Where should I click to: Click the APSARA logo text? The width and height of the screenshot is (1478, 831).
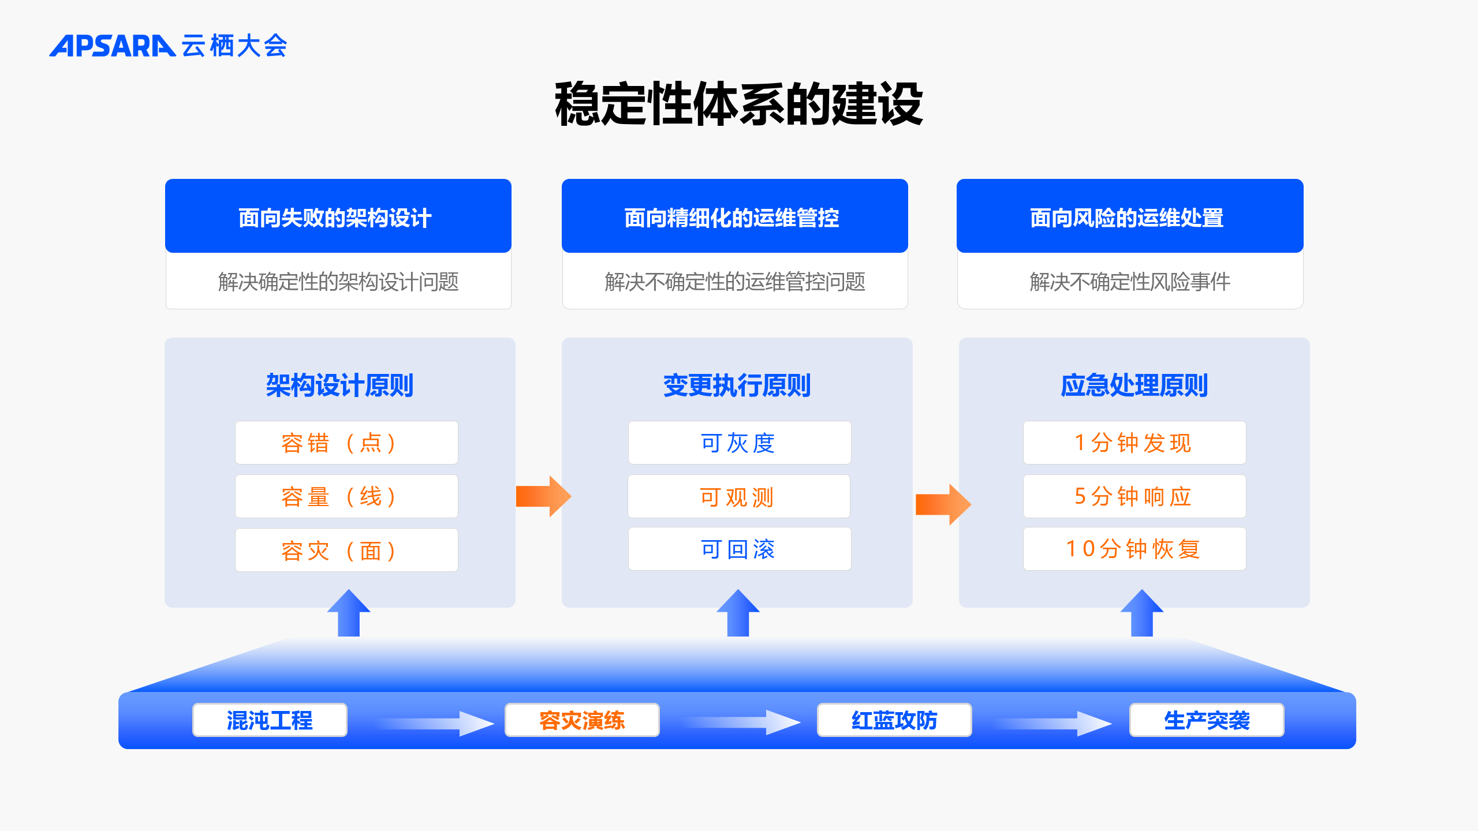pyautogui.click(x=113, y=46)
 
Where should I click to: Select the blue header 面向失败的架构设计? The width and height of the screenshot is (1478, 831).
pyautogui.click(x=338, y=216)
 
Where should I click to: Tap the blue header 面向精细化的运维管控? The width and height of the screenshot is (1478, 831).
pyautogui.click(x=735, y=216)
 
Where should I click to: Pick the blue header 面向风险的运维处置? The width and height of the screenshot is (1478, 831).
pyautogui.click(x=1130, y=216)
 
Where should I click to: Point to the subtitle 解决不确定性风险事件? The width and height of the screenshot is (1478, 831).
pyautogui.click(x=1130, y=282)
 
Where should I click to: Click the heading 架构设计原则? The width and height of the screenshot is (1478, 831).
pyautogui.click(x=339, y=385)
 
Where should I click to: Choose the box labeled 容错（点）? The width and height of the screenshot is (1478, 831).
pyautogui.click(x=346, y=443)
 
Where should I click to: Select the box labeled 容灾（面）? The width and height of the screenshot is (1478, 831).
pyautogui.click(x=346, y=550)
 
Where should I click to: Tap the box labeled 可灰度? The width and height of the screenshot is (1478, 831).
pyautogui.click(x=740, y=443)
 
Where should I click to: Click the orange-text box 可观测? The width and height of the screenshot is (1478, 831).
pyautogui.click(x=739, y=496)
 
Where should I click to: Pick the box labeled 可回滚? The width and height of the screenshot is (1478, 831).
pyautogui.click(x=740, y=549)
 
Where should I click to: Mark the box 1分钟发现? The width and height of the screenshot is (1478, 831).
pyautogui.click(x=1134, y=443)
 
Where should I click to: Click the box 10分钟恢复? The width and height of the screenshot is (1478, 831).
pyautogui.click(x=1134, y=549)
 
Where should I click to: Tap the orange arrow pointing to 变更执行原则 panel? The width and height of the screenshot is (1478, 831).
pyautogui.click(x=543, y=496)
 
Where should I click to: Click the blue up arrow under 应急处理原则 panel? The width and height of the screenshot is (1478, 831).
pyautogui.click(x=1142, y=613)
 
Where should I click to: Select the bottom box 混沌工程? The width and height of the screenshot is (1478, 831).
pyautogui.click(x=270, y=720)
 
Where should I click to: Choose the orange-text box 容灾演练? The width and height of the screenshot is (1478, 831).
pyautogui.click(x=582, y=720)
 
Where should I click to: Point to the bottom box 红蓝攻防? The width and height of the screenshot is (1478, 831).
pyautogui.click(x=894, y=720)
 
